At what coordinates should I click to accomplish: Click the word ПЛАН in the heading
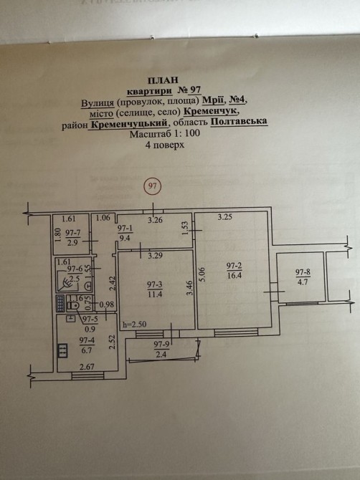tap(163, 80)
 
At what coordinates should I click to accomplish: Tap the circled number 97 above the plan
tap(152, 186)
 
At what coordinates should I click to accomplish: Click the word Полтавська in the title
tap(239, 121)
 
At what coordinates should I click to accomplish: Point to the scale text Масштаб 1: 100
tap(165, 133)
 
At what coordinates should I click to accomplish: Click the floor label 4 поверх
tap(165, 144)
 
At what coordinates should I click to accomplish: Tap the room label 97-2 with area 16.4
tap(235, 271)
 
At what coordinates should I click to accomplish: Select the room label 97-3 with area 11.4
tap(155, 289)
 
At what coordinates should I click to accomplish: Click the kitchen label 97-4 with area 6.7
tap(87, 345)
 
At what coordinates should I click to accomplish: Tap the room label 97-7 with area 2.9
tap(73, 238)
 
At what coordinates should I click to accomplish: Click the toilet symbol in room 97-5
tap(72, 305)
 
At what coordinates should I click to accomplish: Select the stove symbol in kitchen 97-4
tap(62, 350)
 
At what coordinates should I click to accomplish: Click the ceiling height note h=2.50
tap(134, 325)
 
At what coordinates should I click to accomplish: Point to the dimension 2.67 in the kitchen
tap(87, 366)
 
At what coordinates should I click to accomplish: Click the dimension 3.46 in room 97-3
tap(189, 288)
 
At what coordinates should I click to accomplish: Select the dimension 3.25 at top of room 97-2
tap(225, 217)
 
